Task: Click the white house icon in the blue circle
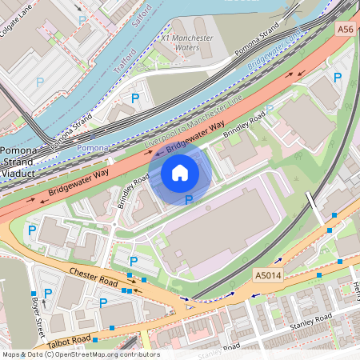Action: [180, 172]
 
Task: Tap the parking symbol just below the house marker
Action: [189, 200]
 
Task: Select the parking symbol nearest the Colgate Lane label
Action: [81, 19]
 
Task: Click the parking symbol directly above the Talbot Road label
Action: [103, 302]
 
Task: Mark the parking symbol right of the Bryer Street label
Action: [48, 294]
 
